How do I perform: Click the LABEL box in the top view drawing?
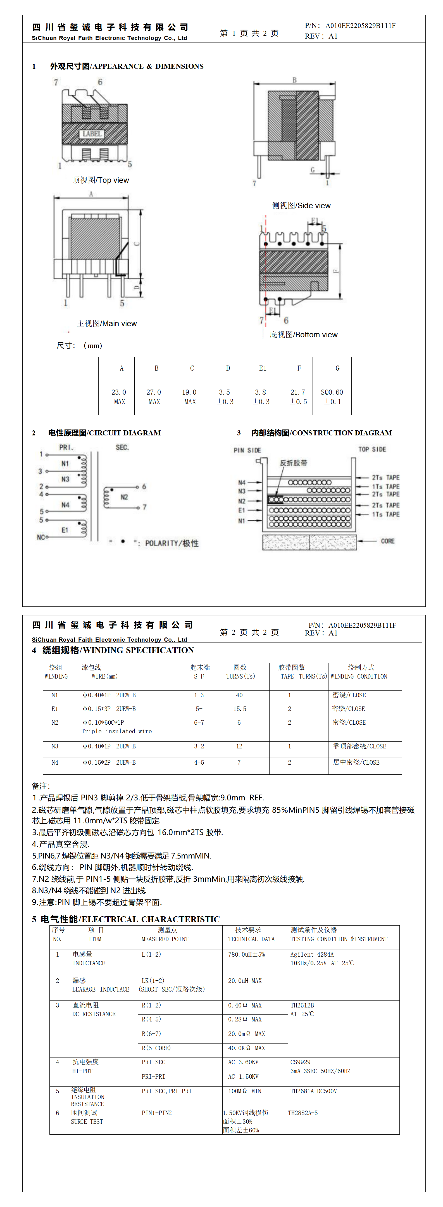click(x=92, y=134)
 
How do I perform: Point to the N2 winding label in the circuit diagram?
click(x=124, y=497)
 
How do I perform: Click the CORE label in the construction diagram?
click(x=387, y=541)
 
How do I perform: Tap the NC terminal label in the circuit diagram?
click(x=41, y=537)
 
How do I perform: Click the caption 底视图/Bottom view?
click(x=303, y=335)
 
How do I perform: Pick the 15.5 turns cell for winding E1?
click(x=240, y=709)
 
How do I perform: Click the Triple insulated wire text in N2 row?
click(x=116, y=731)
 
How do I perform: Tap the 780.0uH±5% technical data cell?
click(x=246, y=954)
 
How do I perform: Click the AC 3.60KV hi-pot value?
click(x=243, y=1062)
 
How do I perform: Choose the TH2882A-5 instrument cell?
click(x=303, y=1113)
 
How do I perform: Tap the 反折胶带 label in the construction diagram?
click(x=294, y=463)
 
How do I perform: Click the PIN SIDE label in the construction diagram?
click(x=247, y=450)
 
